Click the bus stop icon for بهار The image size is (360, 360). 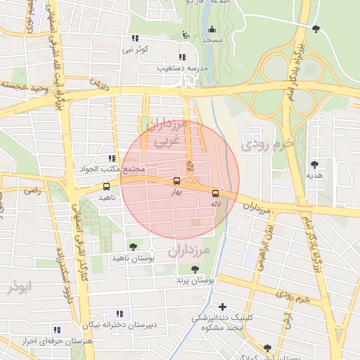point(176,181)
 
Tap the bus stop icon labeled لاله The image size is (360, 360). point(215,193)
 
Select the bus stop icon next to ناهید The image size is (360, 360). point(106,187)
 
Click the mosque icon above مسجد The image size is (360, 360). point(212,30)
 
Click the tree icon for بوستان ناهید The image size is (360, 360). point(133,247)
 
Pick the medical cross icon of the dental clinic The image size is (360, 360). point(223,307)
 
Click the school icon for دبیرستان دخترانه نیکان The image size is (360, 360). point(120,314)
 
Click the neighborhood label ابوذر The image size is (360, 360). point(18,287)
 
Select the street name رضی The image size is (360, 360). point(32,190)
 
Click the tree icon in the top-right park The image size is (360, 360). point(316,29)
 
